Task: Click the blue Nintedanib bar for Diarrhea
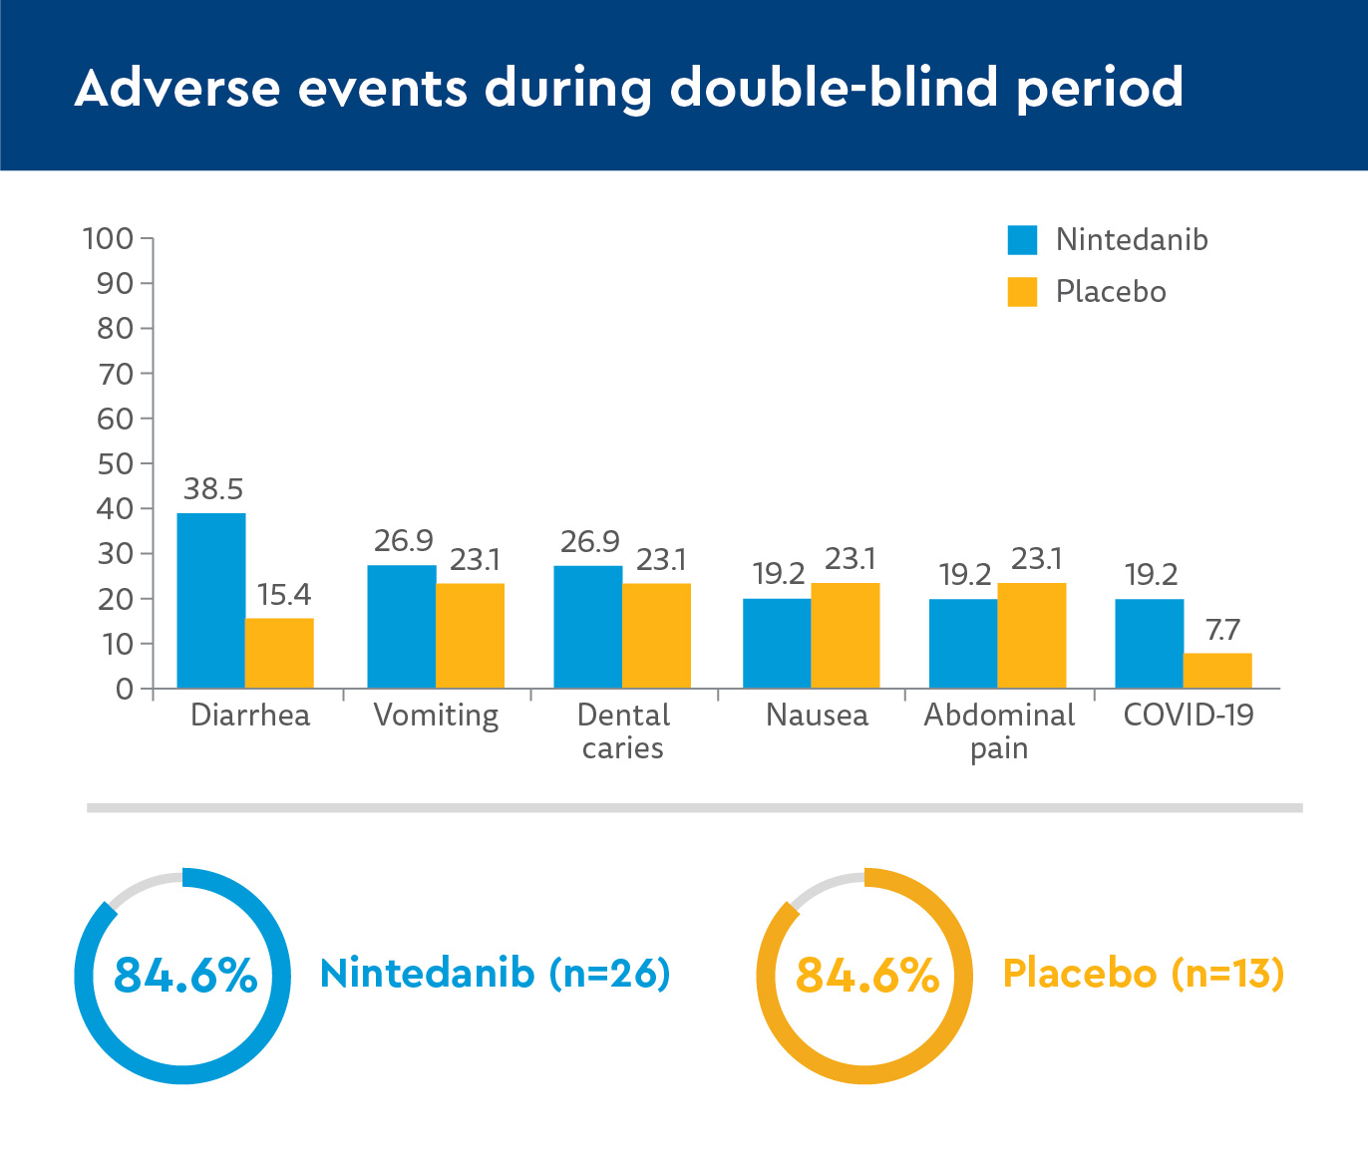pyautogui.click(x=211, y=600)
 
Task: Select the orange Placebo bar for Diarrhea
pyautogui.click(x=279, y=653)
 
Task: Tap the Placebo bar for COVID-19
pyautogui.click(x=1217, y=671)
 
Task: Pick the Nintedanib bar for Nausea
pyautogui.click(x=777, y=643)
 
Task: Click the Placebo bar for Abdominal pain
pyautogui.click(x=1031, y=635)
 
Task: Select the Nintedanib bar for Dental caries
pyautogui.click(x=588, y=626)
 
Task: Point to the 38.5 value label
pyautogui.click(x=213, y=489)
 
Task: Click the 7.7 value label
pyautogui.click(x=1222, y=630)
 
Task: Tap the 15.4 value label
pyautogui.click(x=284, y=595)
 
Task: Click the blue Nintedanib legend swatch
pyautogui.click(x=1022, y=240)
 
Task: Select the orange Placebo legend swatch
pyautogui.click(x=1022, y=292)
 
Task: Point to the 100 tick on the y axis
pyautogui.click(x=109, y=238)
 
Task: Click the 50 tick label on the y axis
pyautogui.click(x=115, y=463)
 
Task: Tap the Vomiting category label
pyautogui.click(x=436, y=716)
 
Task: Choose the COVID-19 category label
pyautogui.click(x=1189, y=716)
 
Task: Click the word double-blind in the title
pyautogui.click(x=834, y=88)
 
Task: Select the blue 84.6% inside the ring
pyautogui.click(x=185, y=976)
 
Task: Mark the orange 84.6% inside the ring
pyautogui.click(x=866, y=976)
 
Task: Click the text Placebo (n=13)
pyautogui.click(x=1143, y=974)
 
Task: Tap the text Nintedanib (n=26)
pyautogui.click(x=495, y=974)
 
